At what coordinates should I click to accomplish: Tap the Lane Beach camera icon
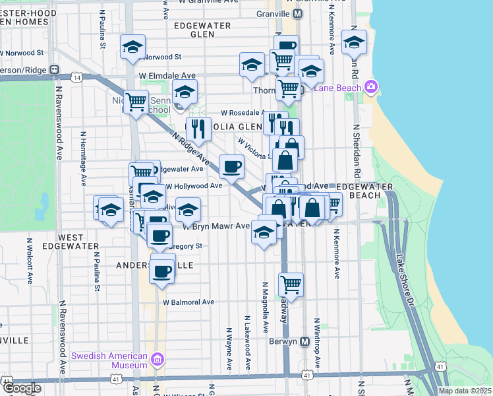pyautogui.click(x=371, y=86)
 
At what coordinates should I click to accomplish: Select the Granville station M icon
pyautogui.click(x=297, y=14)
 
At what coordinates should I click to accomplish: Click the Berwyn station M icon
pyautogui.click(x=304, y=342)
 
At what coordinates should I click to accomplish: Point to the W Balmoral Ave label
pyautogui.click(x=188, y=302)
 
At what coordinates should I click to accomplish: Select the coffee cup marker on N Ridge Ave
pyautogui.click(x=231, y=166)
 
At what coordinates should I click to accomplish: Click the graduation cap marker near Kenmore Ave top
pyautogui.click(x=354, y=43)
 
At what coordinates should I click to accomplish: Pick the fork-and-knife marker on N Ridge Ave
pyautogui.click(x=197, y=130)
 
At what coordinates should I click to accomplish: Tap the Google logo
pyautogui.click(x=22, y=389)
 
